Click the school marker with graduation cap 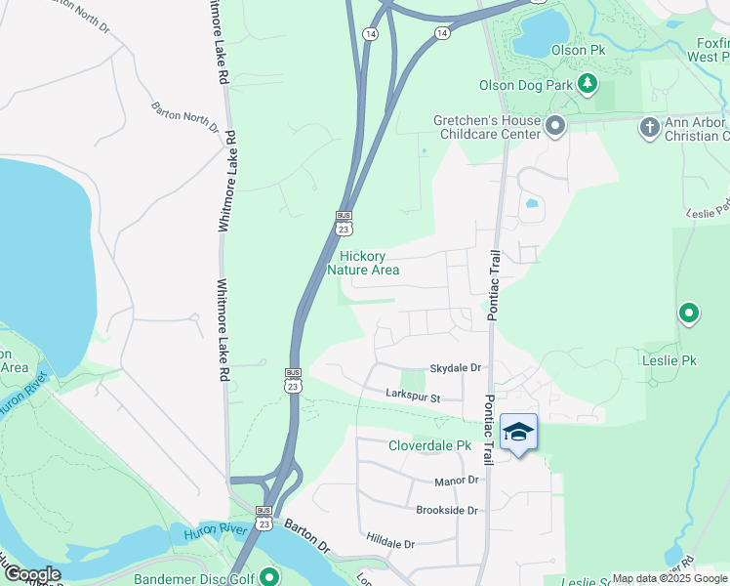tap(518, 433)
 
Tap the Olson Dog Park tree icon tap(588, 85)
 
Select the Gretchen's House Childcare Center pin tap(556, 126)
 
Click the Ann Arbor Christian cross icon tap(649, 126)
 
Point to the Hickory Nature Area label tap(363, 263)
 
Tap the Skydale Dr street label tap(456, 368)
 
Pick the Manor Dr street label tap(457, 481)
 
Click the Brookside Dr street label tap(447, 511)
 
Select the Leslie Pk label tap(670, 361)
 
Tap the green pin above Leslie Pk tap(689, 314)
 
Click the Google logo tap(31, 574)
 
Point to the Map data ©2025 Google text tap(669, 578)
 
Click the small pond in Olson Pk tap(540, 32)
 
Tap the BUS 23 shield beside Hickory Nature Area tap(344, 222)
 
